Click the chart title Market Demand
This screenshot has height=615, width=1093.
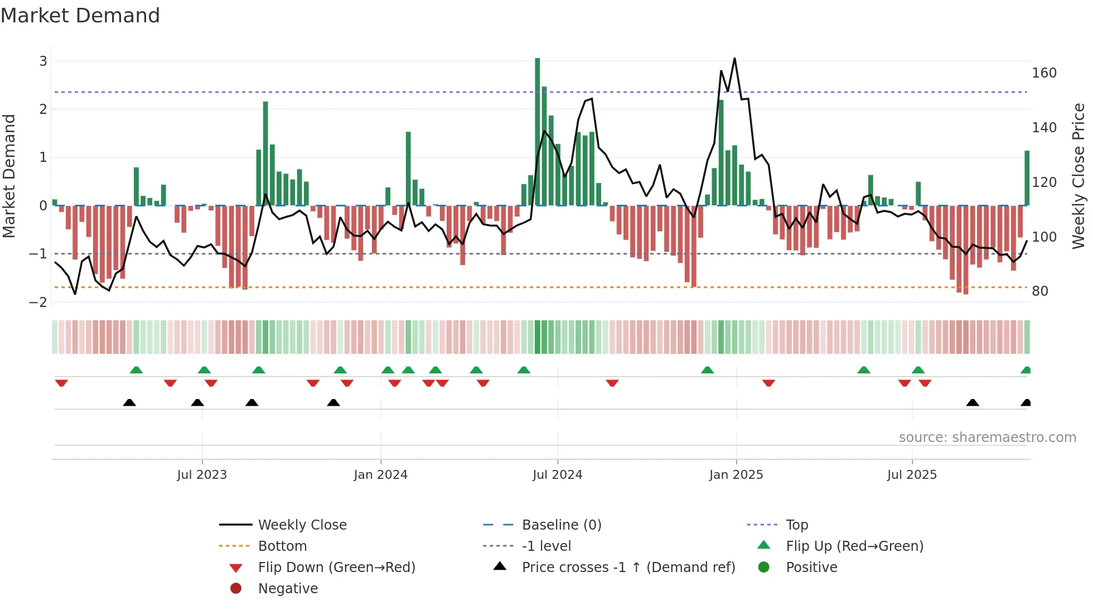[x=80, y=16]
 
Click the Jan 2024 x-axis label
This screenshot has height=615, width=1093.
[x=381, y=475]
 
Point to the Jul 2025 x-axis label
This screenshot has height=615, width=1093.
[x=912, y=475]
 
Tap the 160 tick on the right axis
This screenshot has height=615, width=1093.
[x=1044, y=73]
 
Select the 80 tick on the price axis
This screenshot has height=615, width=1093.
[x=1039, y=291]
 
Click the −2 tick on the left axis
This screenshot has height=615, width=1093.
[x=38, y=302]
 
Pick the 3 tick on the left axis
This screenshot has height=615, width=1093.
[x=43, y=61]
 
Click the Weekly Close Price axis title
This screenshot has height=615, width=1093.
[x=1079, y=176]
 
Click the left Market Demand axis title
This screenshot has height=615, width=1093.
[x=9, y=176]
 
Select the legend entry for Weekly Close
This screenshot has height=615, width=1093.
[x=302, y=525]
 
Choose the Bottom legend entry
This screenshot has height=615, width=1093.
[x=282, y=546]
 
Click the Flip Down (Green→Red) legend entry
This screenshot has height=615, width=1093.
[x=336, y=568]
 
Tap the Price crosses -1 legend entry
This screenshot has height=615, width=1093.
[x=628, y=568]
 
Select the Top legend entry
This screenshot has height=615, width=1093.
[x=797, y=525]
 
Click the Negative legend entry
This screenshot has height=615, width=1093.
[x=288, y=589]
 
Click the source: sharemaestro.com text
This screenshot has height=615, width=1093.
[x=987, y=438]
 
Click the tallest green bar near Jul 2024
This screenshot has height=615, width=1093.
[x=538, y=132]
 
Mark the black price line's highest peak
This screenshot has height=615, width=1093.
[x=734, y=59]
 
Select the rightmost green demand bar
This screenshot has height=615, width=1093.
[x=1027, y=178]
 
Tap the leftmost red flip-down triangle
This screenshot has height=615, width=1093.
[x=61, y=383]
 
